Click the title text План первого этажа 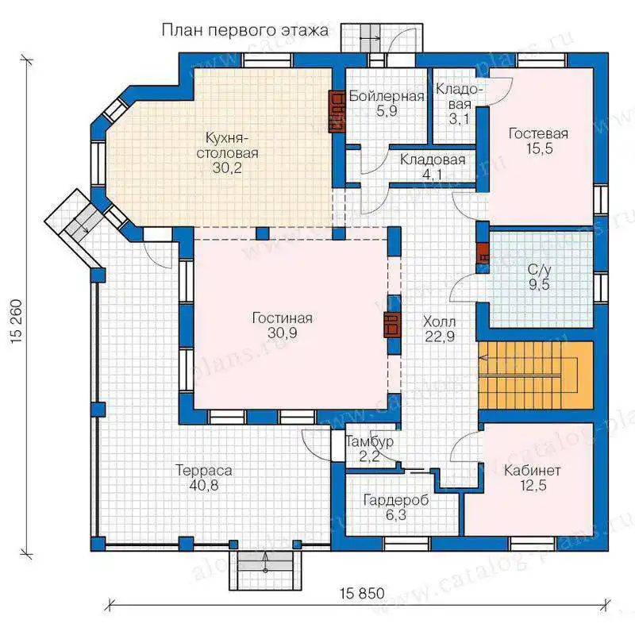(245, 30)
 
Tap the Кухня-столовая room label (227, 145)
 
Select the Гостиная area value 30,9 (283, 333)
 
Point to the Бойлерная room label (387, 96)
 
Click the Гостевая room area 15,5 (540, 148)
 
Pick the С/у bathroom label (540, 269)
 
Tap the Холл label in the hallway (440, 322)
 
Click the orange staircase (536, 375)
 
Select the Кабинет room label (532, 470)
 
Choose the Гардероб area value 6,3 (395, 515)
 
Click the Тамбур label (369, 441)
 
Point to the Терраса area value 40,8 (204, 485)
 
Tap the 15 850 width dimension (362, 593)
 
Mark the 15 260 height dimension (17, 322)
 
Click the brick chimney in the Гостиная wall (392, 325)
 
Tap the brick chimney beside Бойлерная (337, 111)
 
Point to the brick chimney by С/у (483, 253)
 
